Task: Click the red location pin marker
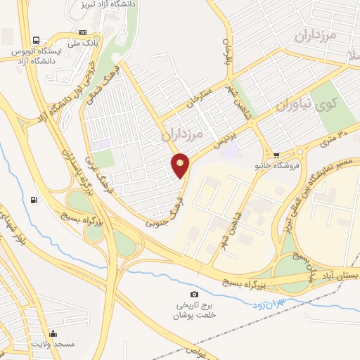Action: (x=181, y=165)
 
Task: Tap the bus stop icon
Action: (x=36, y=40)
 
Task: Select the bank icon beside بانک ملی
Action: (x=82, y=32)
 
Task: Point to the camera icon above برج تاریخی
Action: (x=194, y=294)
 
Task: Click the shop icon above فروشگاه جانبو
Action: (x=277, y=155)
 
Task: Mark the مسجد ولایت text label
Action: (x=52, y=345)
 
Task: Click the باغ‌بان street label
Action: (x=227, y=49)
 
